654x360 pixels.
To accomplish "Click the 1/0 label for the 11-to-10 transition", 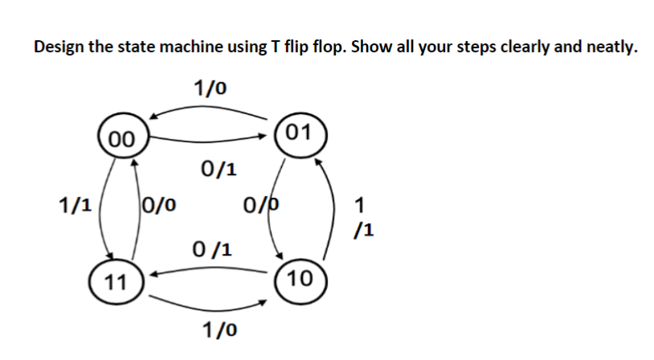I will coord(219,329).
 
